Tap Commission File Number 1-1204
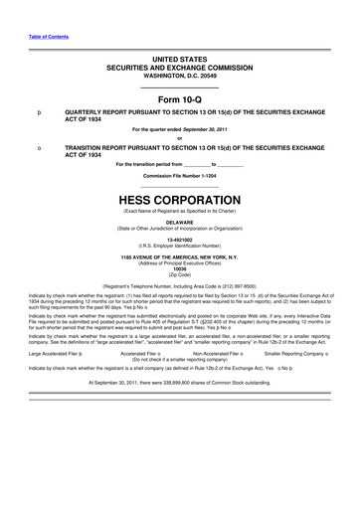(179, 176)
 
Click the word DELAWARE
(179, 223)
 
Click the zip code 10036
(179, 267)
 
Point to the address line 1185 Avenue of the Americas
(179, 255)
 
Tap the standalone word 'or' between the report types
(179, 138)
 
